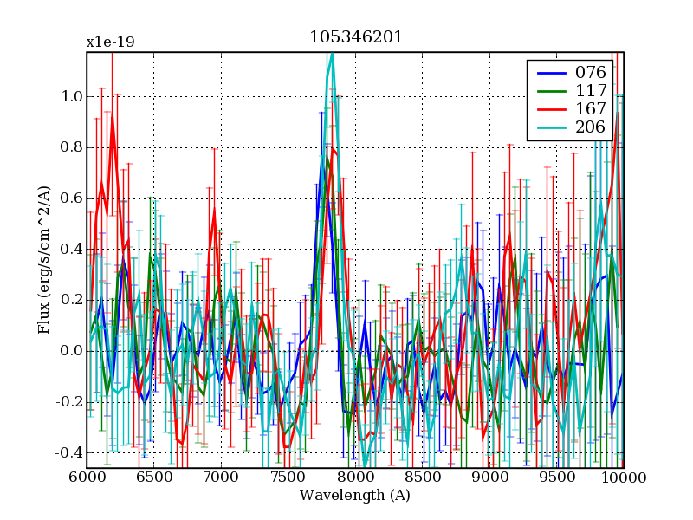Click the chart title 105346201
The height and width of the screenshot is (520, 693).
pos(356,38)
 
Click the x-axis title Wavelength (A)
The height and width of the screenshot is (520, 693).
pos(355,496)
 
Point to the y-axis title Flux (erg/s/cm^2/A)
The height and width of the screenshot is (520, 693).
pos(44,260)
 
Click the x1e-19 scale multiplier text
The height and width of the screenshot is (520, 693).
pos(110,42)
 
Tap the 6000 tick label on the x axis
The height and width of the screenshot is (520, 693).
pos(87,478)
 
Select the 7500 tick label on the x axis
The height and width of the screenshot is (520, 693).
pos(288,478)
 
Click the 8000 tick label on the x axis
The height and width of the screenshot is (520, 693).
pos(355,478)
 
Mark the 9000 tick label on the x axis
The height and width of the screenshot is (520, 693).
pos(489,478)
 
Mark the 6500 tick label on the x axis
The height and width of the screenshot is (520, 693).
pos(154,478)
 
